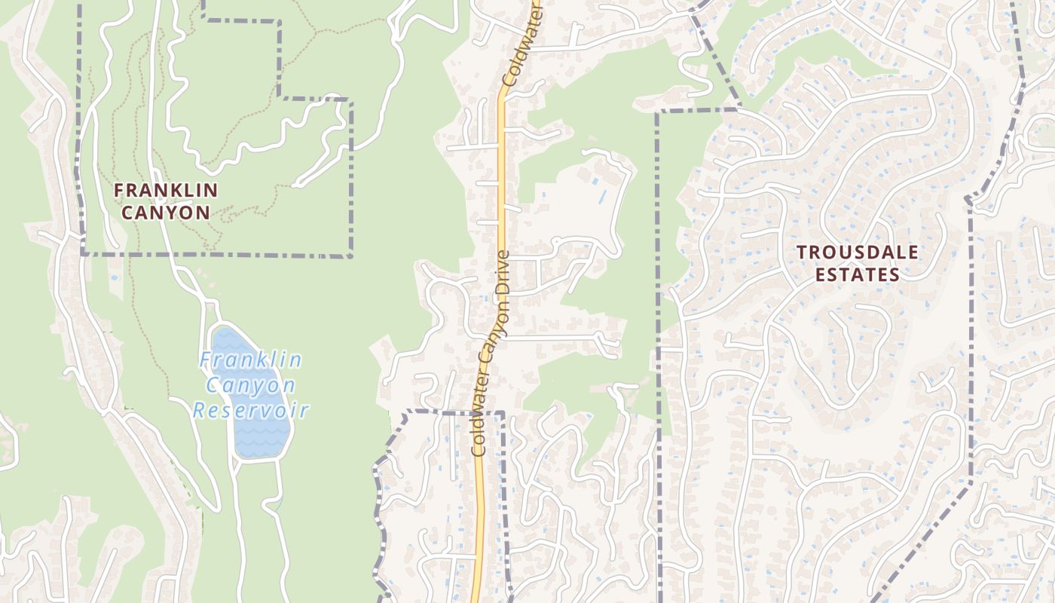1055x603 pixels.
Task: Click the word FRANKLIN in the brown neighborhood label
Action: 166,191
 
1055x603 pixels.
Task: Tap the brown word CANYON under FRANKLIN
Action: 166,213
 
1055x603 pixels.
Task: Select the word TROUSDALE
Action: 858,253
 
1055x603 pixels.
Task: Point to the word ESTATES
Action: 858,275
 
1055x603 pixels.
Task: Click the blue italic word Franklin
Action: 251,360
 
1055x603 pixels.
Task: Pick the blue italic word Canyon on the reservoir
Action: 251,386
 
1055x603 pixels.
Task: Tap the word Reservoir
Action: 251,411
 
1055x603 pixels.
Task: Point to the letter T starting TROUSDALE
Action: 802,253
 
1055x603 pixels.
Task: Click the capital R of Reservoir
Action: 199,412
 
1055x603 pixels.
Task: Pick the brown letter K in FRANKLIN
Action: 177,191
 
